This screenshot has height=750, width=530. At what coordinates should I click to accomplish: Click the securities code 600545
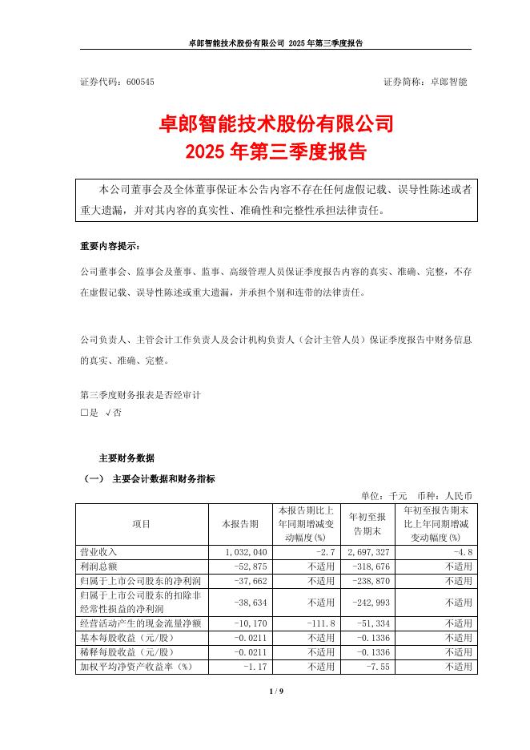139,83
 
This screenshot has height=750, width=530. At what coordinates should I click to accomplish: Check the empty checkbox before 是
84,413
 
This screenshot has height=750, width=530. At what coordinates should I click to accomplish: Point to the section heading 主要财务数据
126,458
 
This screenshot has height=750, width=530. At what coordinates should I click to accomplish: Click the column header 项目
142,524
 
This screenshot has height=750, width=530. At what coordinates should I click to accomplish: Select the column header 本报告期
241,524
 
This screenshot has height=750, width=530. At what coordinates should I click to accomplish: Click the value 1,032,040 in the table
252,553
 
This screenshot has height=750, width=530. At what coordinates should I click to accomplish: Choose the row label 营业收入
97,553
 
